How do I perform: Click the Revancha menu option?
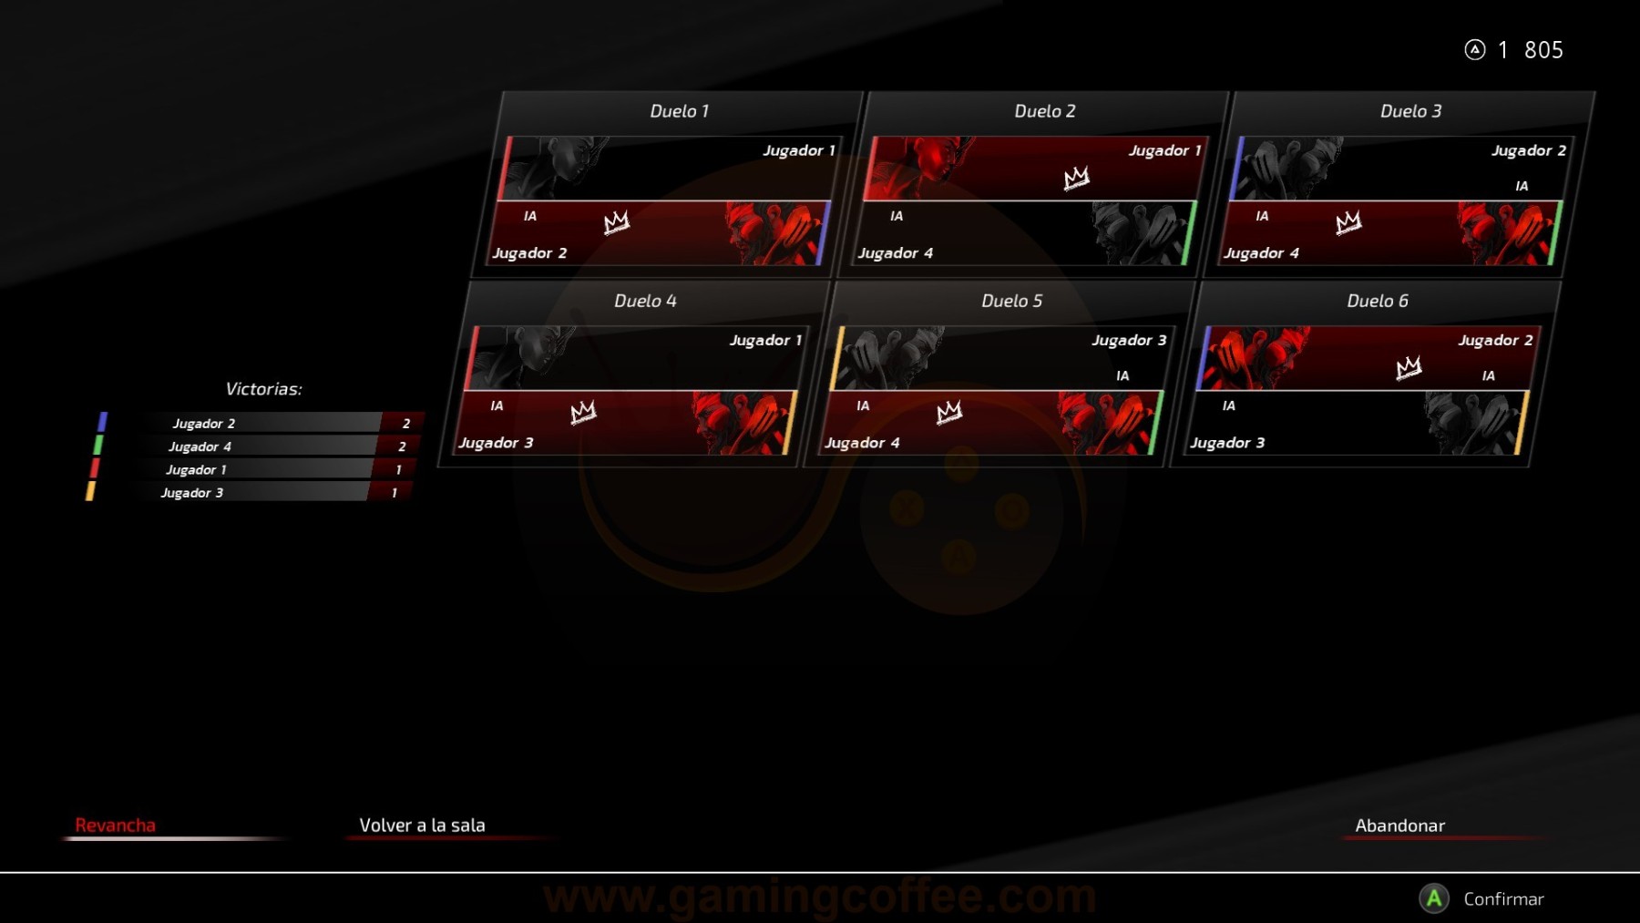pos(115,826)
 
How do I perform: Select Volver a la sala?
pos(422,826)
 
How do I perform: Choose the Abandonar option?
pos(1399,826)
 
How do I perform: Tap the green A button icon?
pos(1434,899)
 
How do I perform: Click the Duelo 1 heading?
pos(679,111)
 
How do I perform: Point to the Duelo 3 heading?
pos(1410,111)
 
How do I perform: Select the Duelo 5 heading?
pos(1011,301)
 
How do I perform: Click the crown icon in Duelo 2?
pos(1076,178)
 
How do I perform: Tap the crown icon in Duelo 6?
pos(1409,367)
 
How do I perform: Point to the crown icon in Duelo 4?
pos(583,412)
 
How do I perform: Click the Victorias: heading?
pos(263,389)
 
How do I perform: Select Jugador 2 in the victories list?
pos(204,424)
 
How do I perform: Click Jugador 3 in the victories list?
pos(192,493)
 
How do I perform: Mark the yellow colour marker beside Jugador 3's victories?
pos(90,492)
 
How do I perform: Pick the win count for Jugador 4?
pos(402,446)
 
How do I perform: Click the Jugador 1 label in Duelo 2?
pos(1164,150)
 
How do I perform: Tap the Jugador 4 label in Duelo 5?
pos(862,443)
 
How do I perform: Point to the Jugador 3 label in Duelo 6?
pos(1227,443)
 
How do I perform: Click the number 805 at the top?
pos(1543,50)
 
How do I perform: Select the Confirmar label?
pos(1503,899)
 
